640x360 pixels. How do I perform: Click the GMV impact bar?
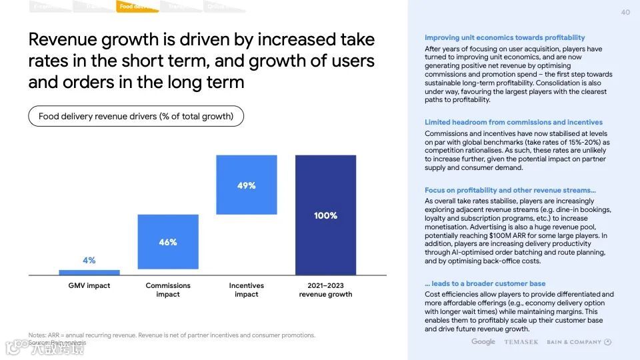(89, 272)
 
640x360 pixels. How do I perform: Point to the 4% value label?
(89, 260)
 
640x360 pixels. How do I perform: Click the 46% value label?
(168, 243)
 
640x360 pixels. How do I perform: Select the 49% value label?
(247, 185)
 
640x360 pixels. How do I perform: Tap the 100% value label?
(325, 215)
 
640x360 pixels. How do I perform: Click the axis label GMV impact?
(89, 285)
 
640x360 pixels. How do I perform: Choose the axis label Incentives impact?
(247, 290)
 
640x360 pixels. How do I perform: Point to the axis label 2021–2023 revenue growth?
(325, 290)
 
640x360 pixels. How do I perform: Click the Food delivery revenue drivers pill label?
(136, 116)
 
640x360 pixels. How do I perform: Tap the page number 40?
(625, 12)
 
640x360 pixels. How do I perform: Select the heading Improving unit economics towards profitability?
(505, 38)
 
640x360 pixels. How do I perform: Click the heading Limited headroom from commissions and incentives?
(513, 122)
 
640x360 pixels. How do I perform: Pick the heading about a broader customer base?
(485, 283)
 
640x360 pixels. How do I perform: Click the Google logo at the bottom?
(483, 342)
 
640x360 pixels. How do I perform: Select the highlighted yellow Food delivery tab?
(136, 7)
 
